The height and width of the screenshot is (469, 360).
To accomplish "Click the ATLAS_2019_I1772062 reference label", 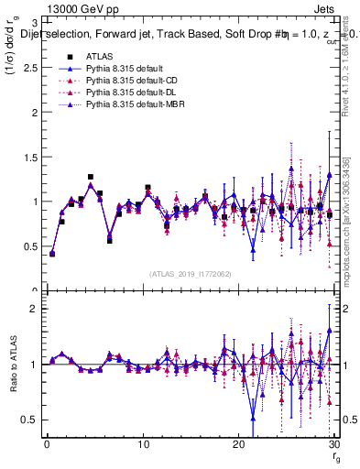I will (189, 273).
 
